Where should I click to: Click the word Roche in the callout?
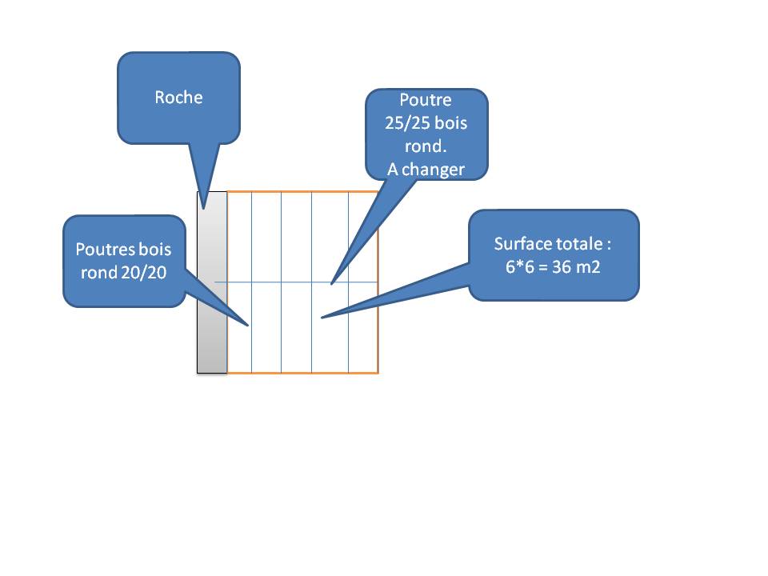[178, 98]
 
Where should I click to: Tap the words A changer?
[426, 169]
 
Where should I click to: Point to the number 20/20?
[145, 272]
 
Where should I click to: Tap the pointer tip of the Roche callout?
[205, 208]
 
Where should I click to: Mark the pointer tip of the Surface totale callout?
[322, 318]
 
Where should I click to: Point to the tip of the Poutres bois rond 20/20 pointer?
[250, 326]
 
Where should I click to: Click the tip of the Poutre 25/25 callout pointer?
[332, 283]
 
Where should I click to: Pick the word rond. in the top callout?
[426, 146]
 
